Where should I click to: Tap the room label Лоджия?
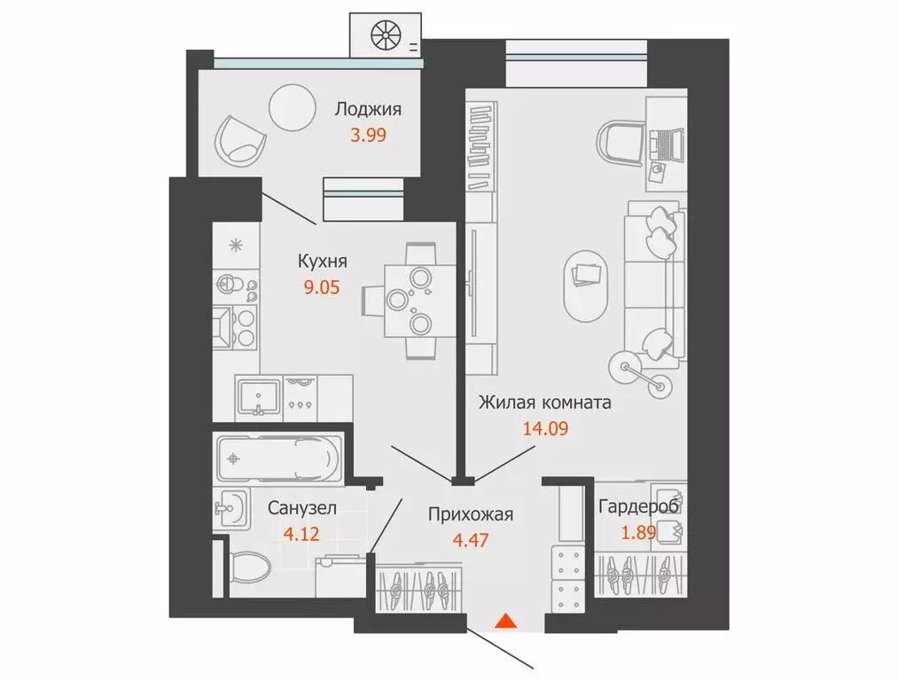coord(368,110)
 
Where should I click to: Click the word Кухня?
coord(322,262)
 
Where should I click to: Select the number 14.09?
coord(544,429)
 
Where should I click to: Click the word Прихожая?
coord(470,513)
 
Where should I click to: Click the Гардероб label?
coord(638,507)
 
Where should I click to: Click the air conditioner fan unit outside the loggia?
coord(386,36)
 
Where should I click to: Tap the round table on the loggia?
coord(292,107)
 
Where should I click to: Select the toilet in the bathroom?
coord(253,568)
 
